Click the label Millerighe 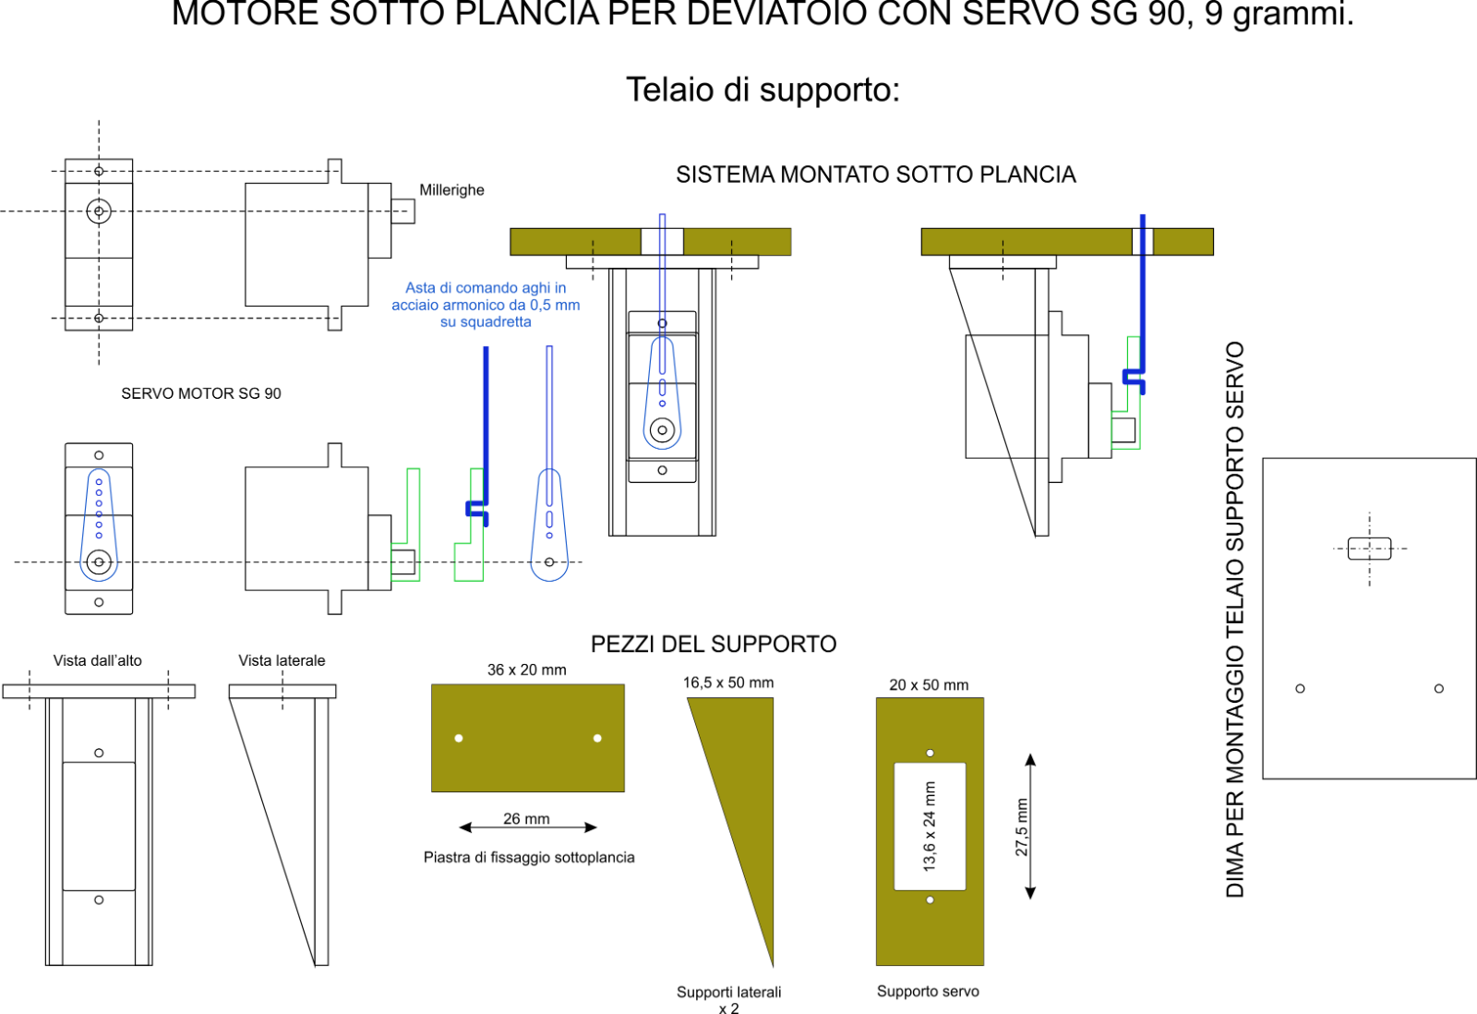[x=451, y=190]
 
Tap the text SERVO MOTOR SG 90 [x=201, y=393]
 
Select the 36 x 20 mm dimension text [x=527, y=670]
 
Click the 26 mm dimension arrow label [x=526, y=819]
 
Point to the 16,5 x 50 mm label [x=728, y=682]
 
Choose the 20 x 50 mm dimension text [x=929, y=685]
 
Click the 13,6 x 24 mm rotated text [x=930, y=827]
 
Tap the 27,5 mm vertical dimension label [x=1022, y=827]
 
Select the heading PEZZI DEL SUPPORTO [x=714, y=644]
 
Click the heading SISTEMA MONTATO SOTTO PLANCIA [x=876, y=175]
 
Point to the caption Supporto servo [x=928, y=991]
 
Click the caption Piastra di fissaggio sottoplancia [x=529, y=857]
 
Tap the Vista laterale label [x=282, y=660]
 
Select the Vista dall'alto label [x=98, y=660]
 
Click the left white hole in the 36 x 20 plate [x=459, y=738]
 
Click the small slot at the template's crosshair [x=1369, y=549]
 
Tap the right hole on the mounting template [x=1438, y=688]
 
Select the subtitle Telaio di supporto [x=763, y=90]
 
